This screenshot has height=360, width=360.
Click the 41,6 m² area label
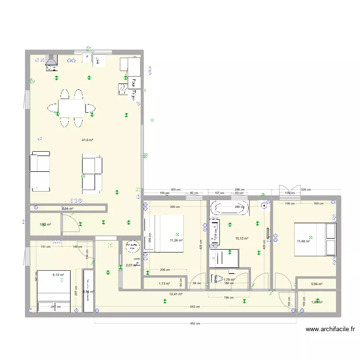(x=87, y=140)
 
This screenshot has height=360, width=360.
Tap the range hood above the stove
(x=51, y=60)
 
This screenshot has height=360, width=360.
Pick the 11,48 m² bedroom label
(x=303, y=241)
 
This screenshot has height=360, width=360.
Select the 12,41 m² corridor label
(x=176, y=294)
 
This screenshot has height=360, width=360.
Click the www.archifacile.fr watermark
(x=330, y=329)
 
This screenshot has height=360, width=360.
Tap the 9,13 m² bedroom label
(x=58, y=275)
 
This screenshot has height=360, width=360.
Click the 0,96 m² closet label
(x=316, y=284)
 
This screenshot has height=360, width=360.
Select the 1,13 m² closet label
(x=164, y=284)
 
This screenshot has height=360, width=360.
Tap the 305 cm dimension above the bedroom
(x=176, y=190)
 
